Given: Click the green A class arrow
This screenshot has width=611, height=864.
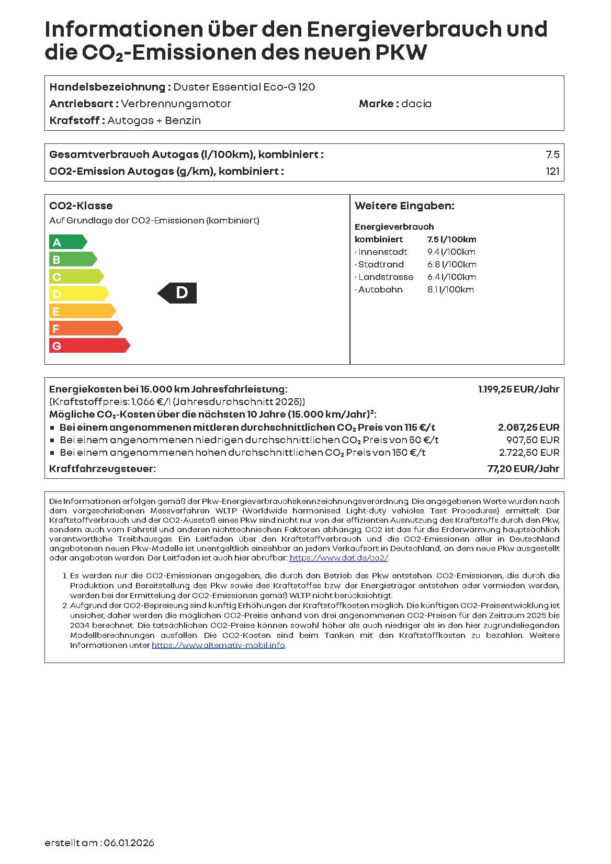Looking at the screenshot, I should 67,242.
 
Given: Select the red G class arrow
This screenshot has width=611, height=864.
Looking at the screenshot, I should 88,346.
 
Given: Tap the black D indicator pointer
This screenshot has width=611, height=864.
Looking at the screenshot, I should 178,293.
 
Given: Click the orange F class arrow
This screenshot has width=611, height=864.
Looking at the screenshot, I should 85,329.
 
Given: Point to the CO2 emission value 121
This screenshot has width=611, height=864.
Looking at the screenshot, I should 552,171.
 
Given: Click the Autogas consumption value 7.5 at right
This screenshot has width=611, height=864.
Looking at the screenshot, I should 552,154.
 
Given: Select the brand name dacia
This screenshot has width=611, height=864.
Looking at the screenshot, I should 416,104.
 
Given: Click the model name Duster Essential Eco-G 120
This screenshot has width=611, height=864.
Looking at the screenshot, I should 244,87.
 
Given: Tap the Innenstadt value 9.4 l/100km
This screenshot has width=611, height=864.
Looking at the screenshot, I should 451,252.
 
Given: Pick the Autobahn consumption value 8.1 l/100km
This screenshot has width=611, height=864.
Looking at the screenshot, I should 450,289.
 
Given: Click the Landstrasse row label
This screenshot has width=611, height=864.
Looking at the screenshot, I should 386,277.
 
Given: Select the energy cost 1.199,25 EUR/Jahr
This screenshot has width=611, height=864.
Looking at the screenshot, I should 518,389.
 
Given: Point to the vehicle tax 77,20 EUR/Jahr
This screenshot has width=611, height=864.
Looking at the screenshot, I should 523,469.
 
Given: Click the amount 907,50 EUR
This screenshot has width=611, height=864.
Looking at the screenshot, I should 533,440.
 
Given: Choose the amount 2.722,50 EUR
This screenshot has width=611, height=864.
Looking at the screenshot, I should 529,453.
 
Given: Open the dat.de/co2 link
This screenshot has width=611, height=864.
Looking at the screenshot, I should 339,558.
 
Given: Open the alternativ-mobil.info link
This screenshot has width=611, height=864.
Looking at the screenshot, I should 218,645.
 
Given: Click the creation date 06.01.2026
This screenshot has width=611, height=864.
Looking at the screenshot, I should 129,843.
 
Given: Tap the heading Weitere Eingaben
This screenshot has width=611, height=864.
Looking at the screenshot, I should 404,206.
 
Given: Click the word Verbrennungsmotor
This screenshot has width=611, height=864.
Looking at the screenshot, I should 176,104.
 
